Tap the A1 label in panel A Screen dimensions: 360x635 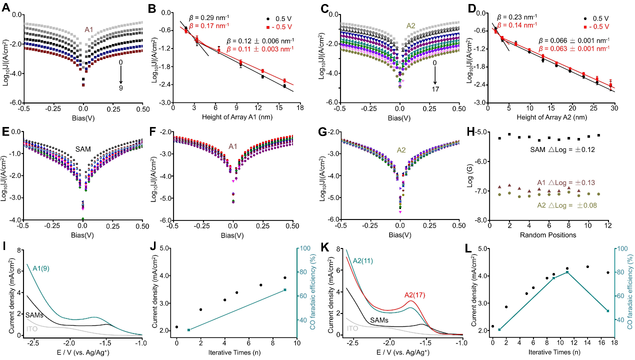(89, 30)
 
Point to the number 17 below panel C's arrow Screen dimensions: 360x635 (435, 88)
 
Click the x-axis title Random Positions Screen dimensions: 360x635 (548, 235)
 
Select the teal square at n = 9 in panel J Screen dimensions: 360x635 (285, 290)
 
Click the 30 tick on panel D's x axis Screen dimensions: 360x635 (614, 107)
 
